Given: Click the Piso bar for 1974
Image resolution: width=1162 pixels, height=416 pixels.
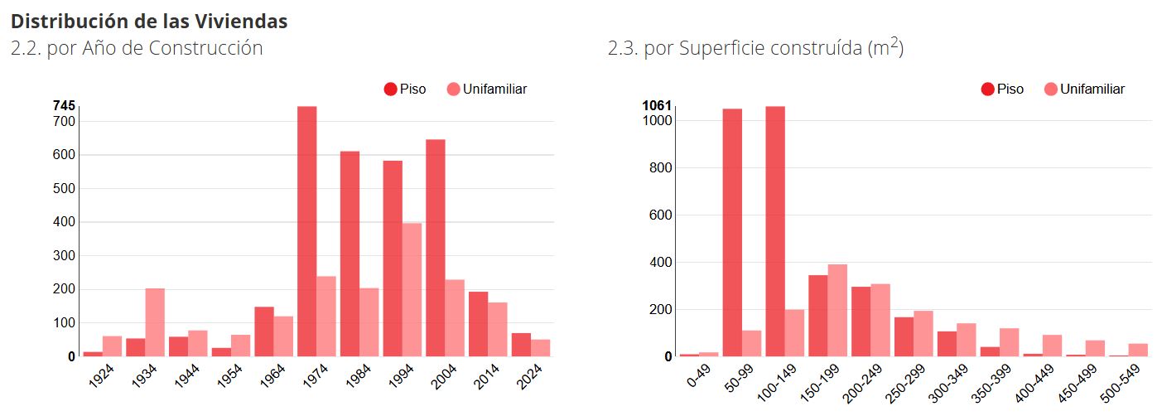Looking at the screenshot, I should [306, 231].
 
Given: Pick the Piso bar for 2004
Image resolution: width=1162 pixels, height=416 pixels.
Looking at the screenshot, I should [435, 248].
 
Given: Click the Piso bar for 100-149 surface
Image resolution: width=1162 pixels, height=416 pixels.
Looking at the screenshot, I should [775, 231].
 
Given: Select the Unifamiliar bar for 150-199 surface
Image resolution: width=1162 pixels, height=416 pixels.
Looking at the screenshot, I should [837, 310].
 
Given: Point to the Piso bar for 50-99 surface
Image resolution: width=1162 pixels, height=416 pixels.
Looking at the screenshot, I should [732, 232].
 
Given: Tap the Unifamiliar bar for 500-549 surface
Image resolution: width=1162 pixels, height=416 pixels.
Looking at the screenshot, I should [1138, 350].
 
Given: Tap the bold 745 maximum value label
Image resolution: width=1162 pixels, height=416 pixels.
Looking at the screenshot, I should [64, 106].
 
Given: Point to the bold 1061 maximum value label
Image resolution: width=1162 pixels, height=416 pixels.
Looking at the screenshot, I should [657, 106].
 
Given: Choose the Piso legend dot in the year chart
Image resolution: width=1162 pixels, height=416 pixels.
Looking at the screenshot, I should [391, 89].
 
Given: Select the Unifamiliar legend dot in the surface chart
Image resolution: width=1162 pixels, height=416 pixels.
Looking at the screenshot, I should [1050, 89].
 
